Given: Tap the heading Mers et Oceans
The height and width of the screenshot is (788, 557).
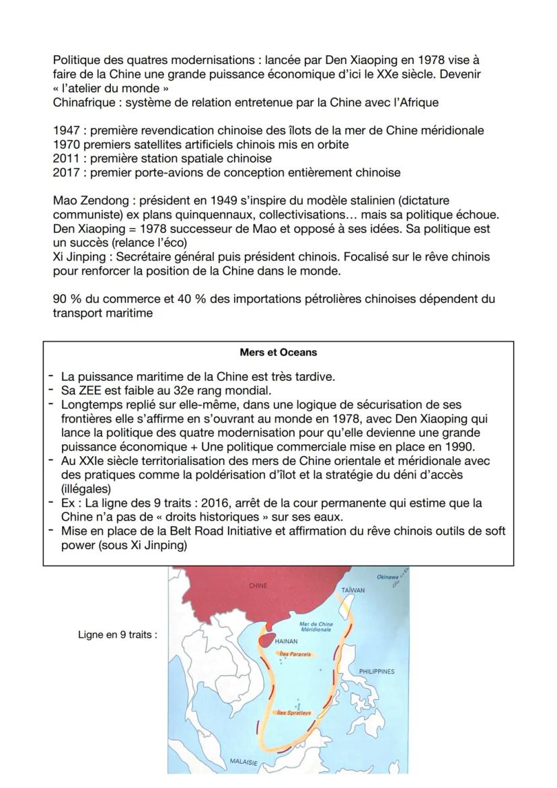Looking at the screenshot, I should [278, 352].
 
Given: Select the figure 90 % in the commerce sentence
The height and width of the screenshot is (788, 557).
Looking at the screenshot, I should [67, 299].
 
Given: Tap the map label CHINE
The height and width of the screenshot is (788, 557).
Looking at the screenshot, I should [258, 585].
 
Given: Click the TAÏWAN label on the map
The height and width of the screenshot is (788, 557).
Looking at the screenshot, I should [352, 590].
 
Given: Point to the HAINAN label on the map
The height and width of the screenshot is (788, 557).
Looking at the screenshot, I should [287, 641].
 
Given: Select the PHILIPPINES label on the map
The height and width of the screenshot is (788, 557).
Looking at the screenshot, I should [377, 671].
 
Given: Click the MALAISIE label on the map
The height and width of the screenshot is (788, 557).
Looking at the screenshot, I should [244, 760].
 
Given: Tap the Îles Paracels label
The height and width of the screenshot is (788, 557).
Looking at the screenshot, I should [295, 653].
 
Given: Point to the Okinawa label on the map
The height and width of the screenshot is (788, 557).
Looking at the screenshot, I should [387, 577].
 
